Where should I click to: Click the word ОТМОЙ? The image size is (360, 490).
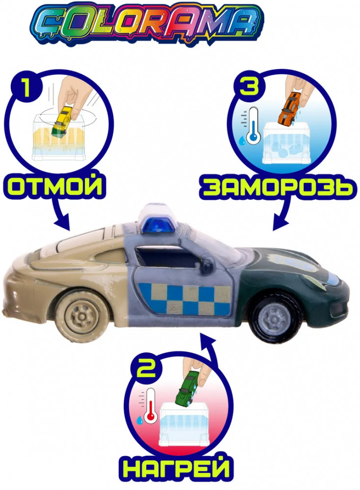pos(55,187)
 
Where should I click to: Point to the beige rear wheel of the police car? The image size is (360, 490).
pos(80,315)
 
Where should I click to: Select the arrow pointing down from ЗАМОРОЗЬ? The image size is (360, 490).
pos(282,215)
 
